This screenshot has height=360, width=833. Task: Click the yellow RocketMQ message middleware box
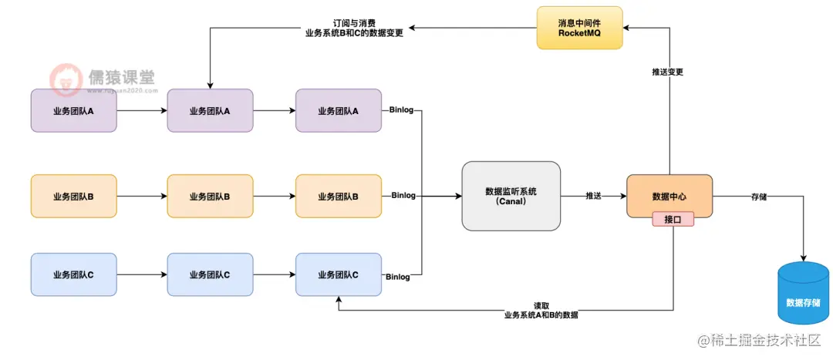[579, 29]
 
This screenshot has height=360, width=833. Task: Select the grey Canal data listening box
[511, 196]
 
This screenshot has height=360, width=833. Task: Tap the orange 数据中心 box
[669, 196]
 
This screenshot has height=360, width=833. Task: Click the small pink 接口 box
[673, 219]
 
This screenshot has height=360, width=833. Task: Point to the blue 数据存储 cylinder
[803, 292]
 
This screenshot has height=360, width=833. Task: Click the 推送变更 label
[668, 72]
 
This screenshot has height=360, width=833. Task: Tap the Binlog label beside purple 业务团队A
[402, 110]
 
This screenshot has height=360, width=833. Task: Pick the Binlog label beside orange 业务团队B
[403, 196]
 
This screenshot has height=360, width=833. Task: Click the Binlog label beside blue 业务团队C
[398, 277]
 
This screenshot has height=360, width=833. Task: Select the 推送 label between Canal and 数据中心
[594, 197]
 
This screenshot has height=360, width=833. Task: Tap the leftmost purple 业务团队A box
[73, 111]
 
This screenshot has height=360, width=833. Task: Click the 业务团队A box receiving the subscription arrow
[210, 111]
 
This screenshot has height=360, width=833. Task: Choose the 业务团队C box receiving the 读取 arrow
[338, 274]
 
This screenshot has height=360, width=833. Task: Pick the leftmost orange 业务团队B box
[73, 197]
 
